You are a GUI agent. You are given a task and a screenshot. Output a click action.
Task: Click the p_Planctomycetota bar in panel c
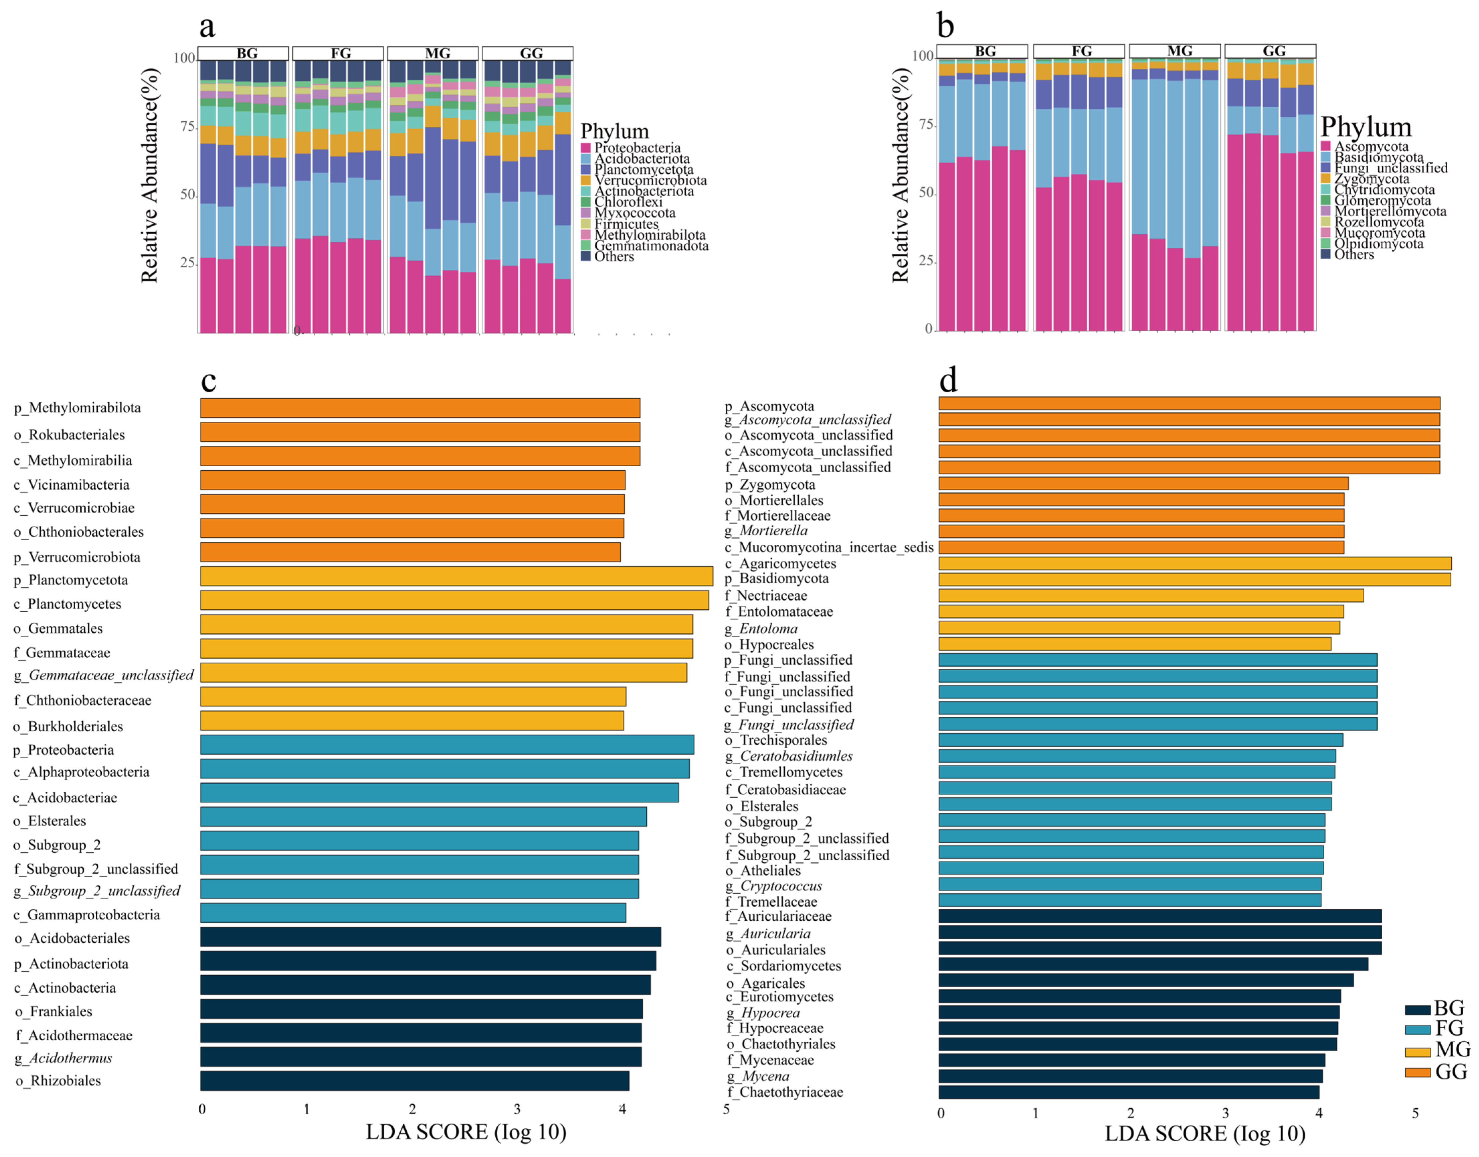click(456, 576)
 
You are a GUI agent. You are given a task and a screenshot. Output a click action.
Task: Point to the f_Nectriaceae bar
click(1150, 596)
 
